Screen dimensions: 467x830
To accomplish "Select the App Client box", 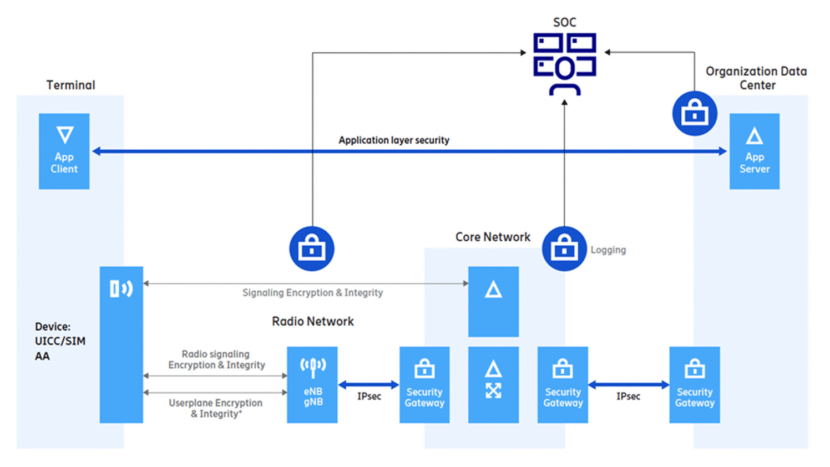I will tap(64, 151).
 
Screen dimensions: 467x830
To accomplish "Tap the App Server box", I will tap(754, 151).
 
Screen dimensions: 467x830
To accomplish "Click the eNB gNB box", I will tap(312, 385).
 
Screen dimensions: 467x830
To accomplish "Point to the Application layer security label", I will tap(394, 140).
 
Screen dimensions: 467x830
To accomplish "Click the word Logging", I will tap(608, 250).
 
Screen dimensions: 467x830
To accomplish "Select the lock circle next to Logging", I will tap(564, 249).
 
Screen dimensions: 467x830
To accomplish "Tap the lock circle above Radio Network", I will tap(312, 249).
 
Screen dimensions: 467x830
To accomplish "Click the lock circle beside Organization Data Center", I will tap(695, 114).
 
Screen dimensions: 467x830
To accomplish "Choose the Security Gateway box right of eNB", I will tap(424, 385).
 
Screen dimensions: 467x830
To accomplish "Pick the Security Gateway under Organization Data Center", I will tap(695, 385).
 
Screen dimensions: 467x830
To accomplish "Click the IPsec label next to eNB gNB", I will tap(369, 397).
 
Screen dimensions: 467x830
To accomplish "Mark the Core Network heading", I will tap(493, 237).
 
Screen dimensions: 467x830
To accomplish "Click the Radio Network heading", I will tap(313, 322).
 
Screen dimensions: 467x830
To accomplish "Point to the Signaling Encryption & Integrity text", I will tap(312, 293).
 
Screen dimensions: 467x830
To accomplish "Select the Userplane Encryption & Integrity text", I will tap(216, 408).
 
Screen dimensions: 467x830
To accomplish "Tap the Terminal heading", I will tap(70, 85).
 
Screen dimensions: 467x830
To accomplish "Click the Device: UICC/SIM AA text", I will tap(60, 341).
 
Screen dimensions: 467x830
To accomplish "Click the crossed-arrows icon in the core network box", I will tap(493, 391).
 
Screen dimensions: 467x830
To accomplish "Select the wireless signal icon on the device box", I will tap(121, 289).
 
